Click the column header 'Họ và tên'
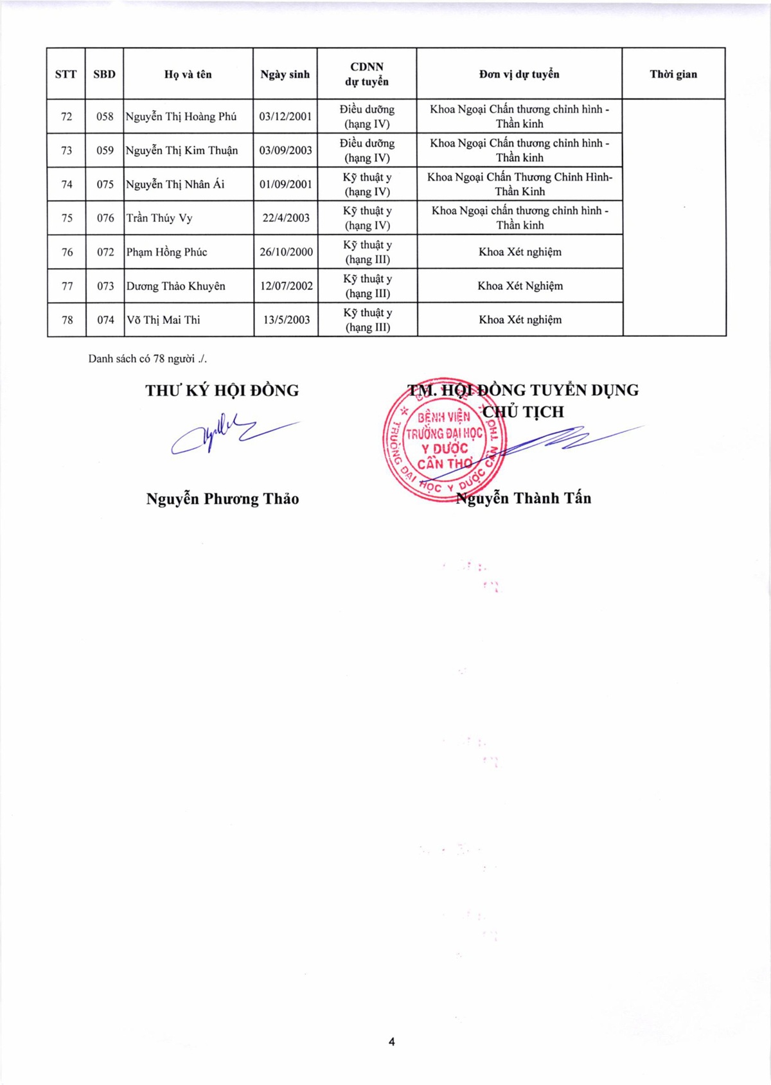[x=188, y=75]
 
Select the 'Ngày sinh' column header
[x=285, y=75]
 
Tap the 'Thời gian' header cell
[x=673, y=75]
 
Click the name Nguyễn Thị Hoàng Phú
[x=181, y=117]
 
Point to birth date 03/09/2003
[x=285, y=150]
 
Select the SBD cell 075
[x=105, y=184]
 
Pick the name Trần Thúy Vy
[x=159, y=219]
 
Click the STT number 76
[x=67, y=252]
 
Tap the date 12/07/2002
[x=286, y=286]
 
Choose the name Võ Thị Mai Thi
[x=163, y=320]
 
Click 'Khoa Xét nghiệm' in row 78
[x=520, y=320]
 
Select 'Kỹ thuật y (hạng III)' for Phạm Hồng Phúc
[x=367, y=252]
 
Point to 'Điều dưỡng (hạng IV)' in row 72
[x=367, y=117]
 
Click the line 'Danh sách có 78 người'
[x=147, y=359]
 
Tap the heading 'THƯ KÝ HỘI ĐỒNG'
[x=222, y=391]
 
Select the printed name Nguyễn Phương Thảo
[x=222, y=499]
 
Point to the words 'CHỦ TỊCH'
[x=523, y=412]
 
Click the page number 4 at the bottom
[x=392, y=1042]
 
